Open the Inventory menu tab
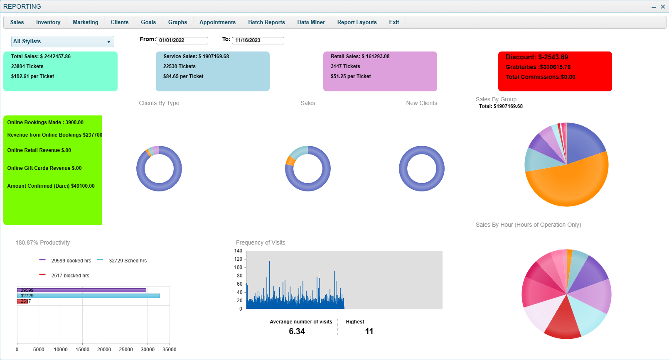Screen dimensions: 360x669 click(x=48, y=22)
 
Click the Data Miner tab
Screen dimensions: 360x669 click(x=311, y=22)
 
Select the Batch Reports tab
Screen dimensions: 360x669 click(x=266, y=22)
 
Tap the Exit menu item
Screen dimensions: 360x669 click(x=394, y=22)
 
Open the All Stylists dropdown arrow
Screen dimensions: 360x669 click(x=108, y=42)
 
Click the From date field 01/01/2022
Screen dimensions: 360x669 click(x=182, y=40)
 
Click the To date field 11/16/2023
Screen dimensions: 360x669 click(x=258, y=40)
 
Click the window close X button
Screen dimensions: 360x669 click(x=663, y=7)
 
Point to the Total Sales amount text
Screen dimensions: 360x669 click(x=41, y=56)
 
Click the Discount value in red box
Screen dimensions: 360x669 click(x=536, y=57)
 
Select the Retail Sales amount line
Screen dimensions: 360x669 click(x=360, y=56)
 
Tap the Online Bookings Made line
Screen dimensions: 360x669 click(x=45, y=122)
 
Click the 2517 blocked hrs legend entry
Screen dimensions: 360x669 click(x=70, y=276)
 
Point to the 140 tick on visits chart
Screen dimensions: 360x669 click(x=238, y=251)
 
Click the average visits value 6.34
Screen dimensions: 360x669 click(x=297, y=331)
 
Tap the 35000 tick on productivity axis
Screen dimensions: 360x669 click(x=169, y=350)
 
